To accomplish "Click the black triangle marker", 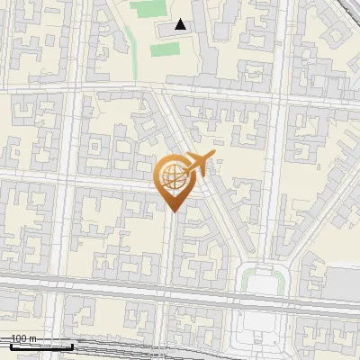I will [181, 24].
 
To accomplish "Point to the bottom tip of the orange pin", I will [173, 211].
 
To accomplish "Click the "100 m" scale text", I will [22, 338].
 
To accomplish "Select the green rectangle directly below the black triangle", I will [163, 49].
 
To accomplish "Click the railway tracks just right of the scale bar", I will [126, 349].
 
